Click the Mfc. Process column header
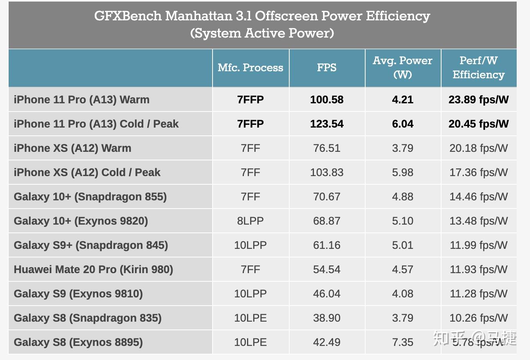(x=251, y=68)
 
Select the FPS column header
(x=326, y=68)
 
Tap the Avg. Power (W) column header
(x=402, y=68)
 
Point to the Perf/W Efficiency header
(x=478, y=68)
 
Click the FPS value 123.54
(x=326, y=124)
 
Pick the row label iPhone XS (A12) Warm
(x=72, y=148)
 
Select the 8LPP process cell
(x=251, y=221)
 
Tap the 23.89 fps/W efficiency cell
(x=478, y=100)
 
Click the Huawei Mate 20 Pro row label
(x=93, y=270)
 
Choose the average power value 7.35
(x=402, y=342)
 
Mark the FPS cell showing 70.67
(x=326, y=197)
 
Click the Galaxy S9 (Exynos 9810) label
(x=78, y=294)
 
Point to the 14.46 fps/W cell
(x=478, y=197)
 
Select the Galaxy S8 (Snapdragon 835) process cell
(x=251, y=318)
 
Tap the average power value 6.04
(x=402, y=124)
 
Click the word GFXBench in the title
(x=128, y=16)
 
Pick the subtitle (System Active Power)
(x=262, y=33)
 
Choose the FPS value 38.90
(x=326, y=318)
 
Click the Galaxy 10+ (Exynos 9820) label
(x=81, y=221)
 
